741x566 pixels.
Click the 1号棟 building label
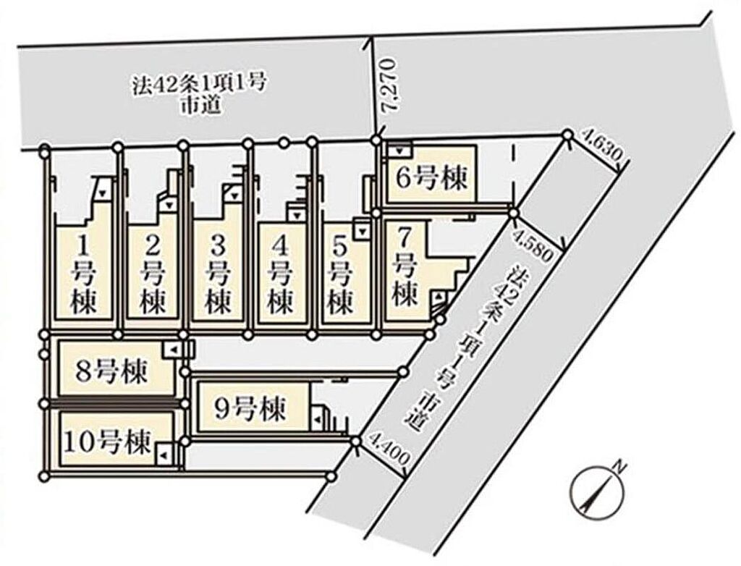tap(83, 275)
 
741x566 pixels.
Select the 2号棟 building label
tap(152, 275)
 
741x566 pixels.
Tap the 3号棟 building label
tap(217, 275)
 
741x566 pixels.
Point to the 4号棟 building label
tap(280, 275)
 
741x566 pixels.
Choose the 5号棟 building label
tap(340, 275)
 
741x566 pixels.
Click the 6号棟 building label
tap(431, 178)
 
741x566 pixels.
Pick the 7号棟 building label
tap(405, 267)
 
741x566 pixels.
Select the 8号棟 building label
tap(111, 371)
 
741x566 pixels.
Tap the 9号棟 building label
tap(250, 409)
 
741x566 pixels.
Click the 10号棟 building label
tap(109, 442)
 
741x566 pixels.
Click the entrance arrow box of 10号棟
tap(164, 455)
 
